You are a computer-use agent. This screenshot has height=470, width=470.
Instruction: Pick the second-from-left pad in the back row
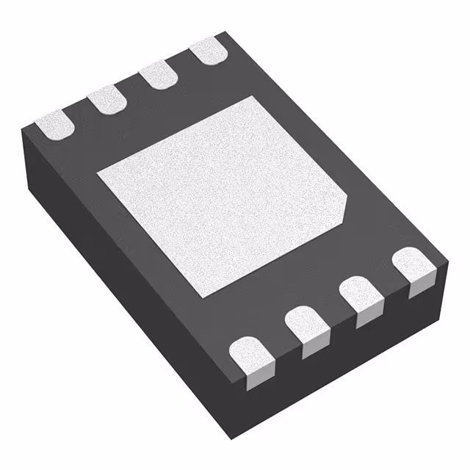[106, 99]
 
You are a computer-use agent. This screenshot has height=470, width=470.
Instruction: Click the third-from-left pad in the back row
[156, 76]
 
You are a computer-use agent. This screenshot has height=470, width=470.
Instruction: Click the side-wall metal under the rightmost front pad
[421, 286]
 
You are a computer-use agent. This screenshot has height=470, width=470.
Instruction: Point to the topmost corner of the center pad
[254, 95]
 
